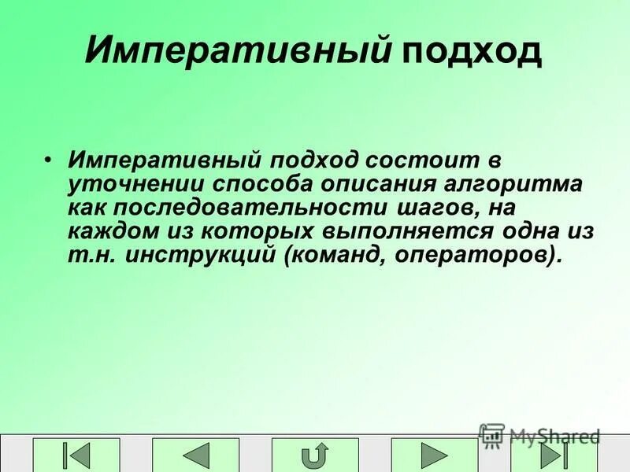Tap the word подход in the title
(472, 51)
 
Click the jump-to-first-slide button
(76, 455)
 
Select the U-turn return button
(315, 455)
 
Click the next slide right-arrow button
(434, 455)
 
